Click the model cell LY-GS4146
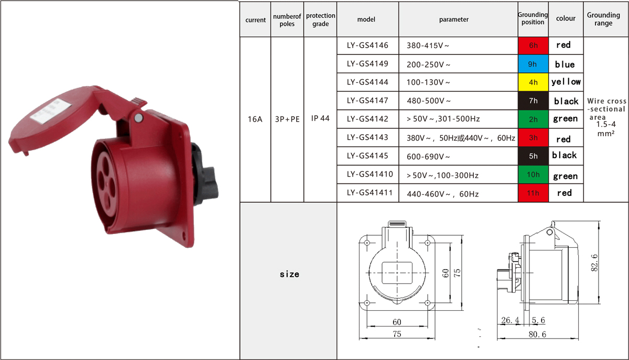[x=367, y=45]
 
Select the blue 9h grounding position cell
[x=533, y=64]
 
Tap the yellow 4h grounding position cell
[x=533, y=82]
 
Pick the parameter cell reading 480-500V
[x=429, y=101]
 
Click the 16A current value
[x=255, y=119]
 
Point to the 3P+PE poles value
[x=287, y=119]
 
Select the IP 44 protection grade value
[x=320, y=118]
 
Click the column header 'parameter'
[x=454, y=19]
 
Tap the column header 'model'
[x=366, y=19]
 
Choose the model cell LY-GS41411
[x=370, y=193]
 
